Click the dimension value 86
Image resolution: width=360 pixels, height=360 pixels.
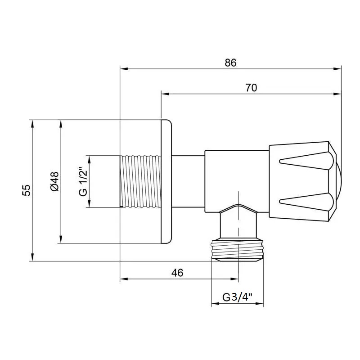[x=230, y=63]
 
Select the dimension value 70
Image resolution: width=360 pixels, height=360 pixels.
[x=251, y=88]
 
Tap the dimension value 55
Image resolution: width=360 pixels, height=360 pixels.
[x=26, y=190]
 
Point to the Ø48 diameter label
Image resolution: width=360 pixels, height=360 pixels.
[x=54, y=181]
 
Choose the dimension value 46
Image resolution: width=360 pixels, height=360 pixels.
[x=177, y=273]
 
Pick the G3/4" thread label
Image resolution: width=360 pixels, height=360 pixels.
[x=237, y=297]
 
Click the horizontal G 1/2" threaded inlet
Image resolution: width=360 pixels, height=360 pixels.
[x=140, y=182]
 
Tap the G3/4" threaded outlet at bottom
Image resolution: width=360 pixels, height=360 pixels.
[x=237, y=250]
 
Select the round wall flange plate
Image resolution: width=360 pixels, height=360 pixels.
[x=166, y=181]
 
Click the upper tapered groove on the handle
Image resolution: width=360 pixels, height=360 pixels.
[x=306, y=161]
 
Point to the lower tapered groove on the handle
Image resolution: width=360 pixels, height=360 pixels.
[x=306, y=202]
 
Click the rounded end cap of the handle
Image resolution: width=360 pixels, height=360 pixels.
[x=338, y=181]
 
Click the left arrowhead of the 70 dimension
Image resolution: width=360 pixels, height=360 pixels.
[x=165, y=94]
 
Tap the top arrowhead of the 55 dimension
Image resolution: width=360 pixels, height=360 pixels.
[x=32, y=124]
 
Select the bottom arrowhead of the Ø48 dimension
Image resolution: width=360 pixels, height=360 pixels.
[x=61, y=239]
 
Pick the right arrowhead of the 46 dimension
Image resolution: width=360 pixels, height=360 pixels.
[x=234, y=279]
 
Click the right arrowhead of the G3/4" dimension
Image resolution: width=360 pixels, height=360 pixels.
[x=260, y=304]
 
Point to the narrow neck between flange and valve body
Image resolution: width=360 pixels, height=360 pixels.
[x=188, y=181]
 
